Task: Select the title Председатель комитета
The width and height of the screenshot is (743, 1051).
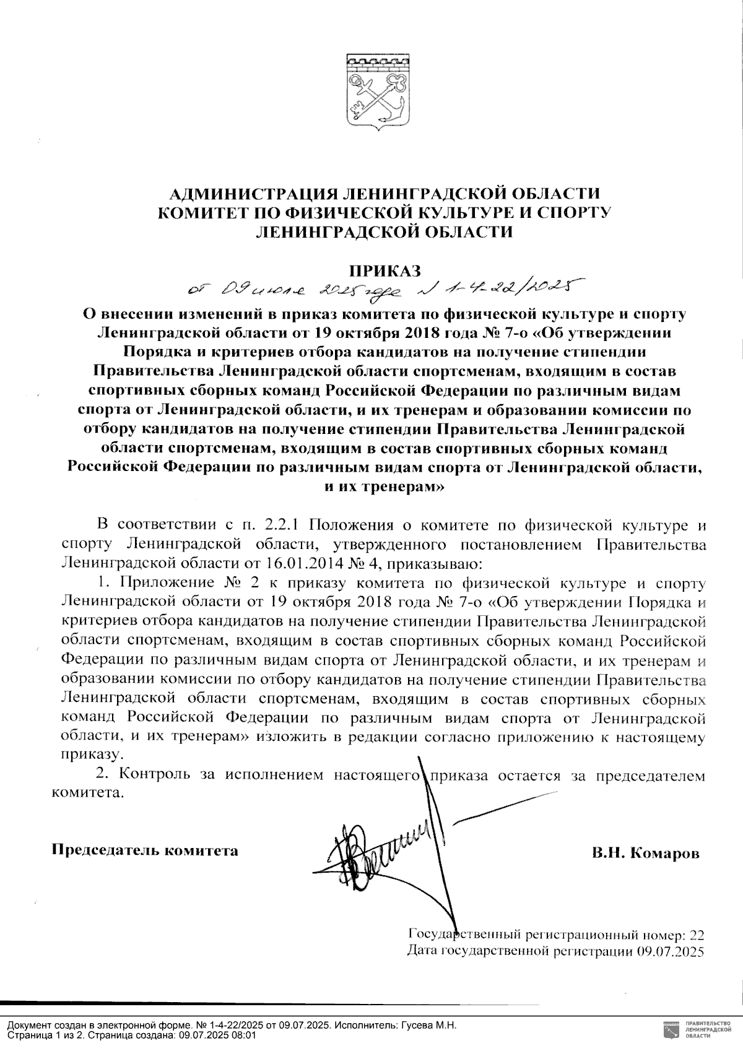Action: point(144,850)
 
